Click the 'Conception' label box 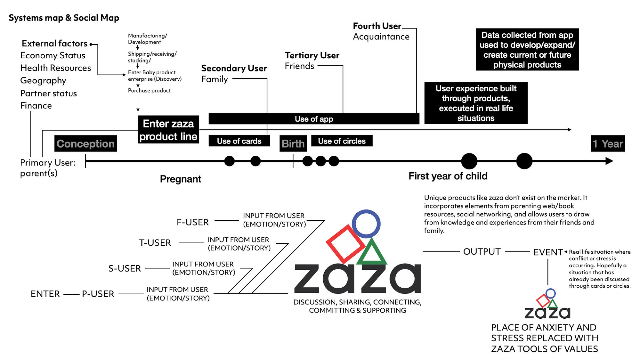click(x=85, y=143)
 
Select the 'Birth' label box click(x=293, y=143)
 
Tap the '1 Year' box click(x=608, y=143)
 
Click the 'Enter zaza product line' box click(x=168, y=129)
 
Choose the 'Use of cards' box click(x=239, y=141)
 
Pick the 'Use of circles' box click(x=342, y=141)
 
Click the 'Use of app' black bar click(x=314, y=119)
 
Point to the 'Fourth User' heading click(x=377, y=26)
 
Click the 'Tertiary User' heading click(x=312, y=55)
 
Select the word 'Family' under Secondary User click(x=215, y=79)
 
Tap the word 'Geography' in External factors click(x=43, y=81)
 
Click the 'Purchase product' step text click(x=149, y=91)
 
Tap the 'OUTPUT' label click(x=482, y=252)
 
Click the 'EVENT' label click(x=548, y=252)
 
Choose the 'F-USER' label click(x=193, y=222)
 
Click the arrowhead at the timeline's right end click(x=610, y=161)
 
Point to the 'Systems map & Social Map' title click(x=64, y=18)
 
